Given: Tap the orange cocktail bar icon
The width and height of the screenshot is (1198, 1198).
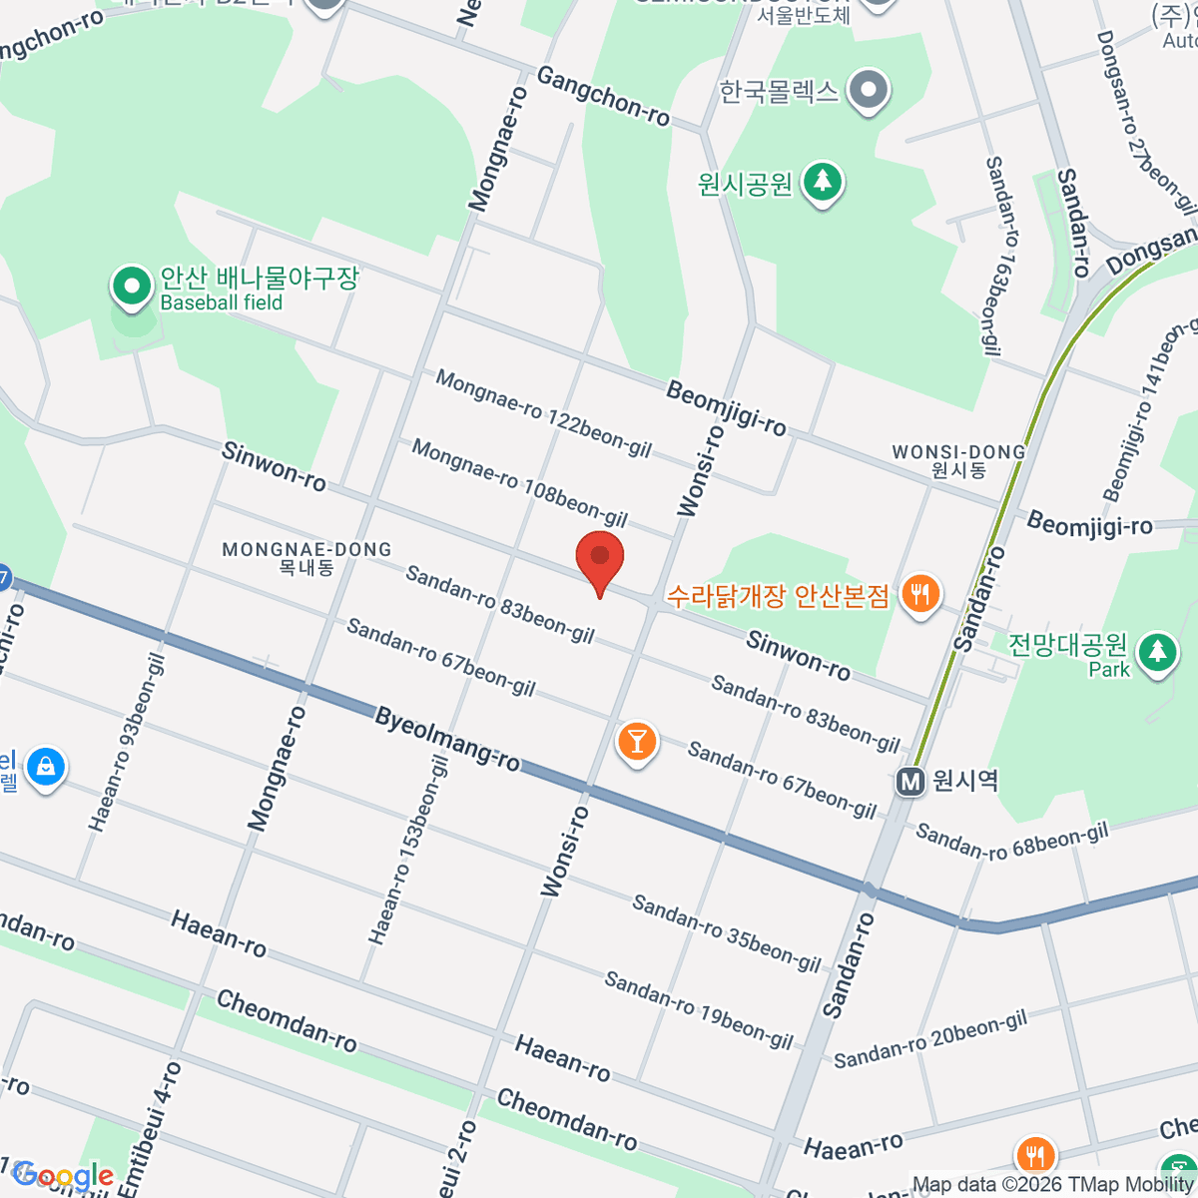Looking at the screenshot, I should (636, 742).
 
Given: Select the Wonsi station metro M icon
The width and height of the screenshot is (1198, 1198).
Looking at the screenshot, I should (909, 781).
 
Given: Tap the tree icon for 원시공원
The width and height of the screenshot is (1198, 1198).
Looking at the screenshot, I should (822, 182).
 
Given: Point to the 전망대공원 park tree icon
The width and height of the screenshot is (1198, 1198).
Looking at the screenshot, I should (1157, 650).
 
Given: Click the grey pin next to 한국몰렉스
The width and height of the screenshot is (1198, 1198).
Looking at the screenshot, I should (869, 91).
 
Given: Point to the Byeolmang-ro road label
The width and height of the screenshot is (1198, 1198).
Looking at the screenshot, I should (447, 740).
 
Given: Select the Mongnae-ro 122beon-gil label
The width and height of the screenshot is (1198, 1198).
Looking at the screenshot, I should (543, 413).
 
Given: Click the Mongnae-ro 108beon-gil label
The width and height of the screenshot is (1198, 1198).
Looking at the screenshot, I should (519, 483).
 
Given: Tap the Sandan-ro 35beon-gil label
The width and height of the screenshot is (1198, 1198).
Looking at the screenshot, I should (726, 933).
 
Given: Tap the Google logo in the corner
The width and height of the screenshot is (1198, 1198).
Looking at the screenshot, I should (64, 1175).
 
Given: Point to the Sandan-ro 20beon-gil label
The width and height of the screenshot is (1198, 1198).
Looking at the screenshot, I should (930, 1038).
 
